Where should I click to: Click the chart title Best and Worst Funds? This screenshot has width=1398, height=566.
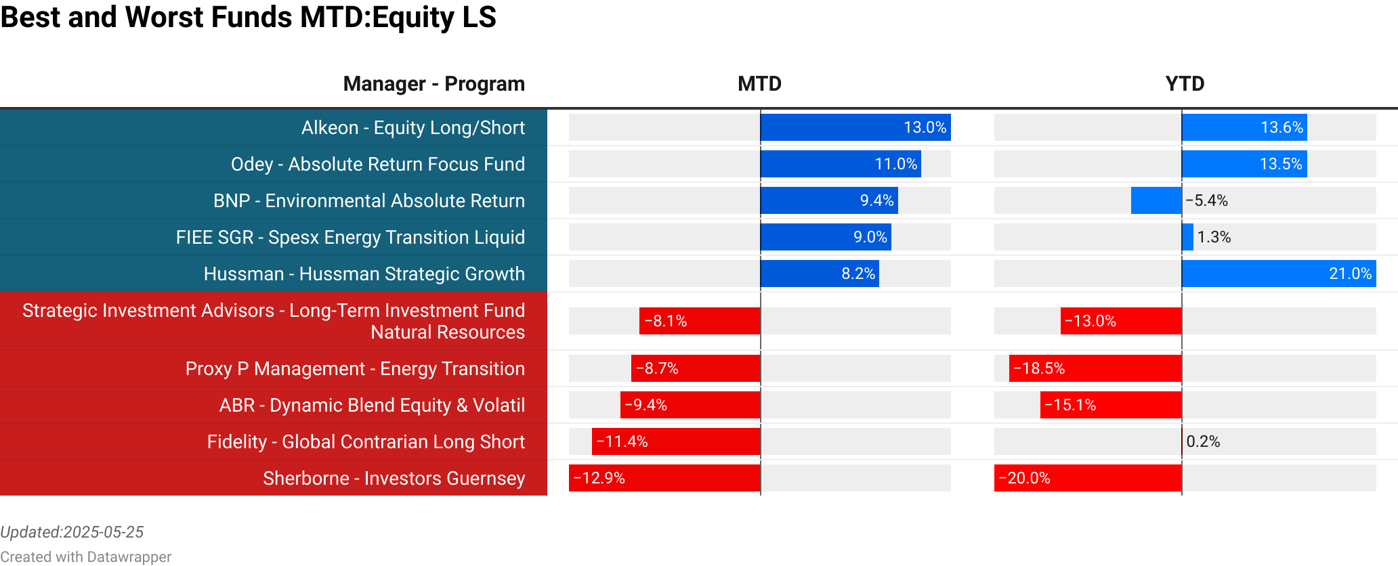248,18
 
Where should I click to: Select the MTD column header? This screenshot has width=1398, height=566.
759,84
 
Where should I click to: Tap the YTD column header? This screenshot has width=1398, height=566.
1185,84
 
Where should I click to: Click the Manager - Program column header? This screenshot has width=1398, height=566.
433,84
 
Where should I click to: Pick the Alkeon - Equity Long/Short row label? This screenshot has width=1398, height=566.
412,128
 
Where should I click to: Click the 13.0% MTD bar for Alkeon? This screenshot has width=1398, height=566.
855,128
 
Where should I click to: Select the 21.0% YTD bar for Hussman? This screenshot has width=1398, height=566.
1279,274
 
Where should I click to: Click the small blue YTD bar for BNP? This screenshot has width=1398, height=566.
1156,201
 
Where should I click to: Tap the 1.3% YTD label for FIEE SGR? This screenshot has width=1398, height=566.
1214,238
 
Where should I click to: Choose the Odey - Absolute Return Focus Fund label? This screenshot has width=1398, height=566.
377,165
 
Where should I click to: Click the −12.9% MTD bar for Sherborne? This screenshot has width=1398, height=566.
664,478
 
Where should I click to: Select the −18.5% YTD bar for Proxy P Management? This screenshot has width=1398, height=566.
1095,368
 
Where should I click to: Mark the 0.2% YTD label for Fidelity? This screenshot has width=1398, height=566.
1203,441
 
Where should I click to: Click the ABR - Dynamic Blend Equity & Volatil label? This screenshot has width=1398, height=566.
372,405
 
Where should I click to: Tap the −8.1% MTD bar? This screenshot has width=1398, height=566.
700,321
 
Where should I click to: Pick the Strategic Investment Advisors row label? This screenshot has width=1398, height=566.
274,321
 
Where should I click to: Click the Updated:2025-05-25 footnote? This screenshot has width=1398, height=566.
72,532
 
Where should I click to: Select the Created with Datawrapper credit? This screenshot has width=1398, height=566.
85,557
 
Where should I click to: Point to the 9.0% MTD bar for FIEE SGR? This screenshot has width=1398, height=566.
826,238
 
